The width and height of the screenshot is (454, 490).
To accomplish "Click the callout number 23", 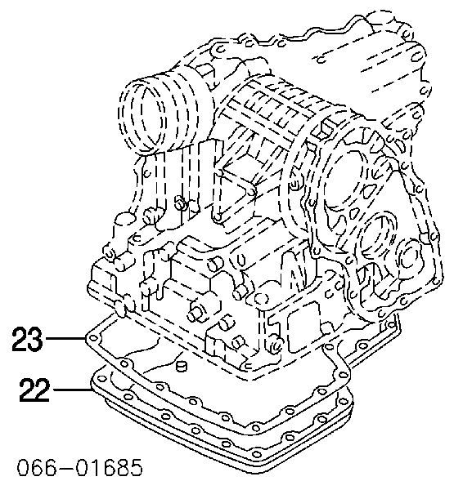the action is pyautogui.click(x=27, y=338).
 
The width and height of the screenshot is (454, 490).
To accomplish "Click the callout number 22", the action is pyautogui.click(x=34, y=390).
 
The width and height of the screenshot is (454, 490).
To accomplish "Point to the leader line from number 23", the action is pyautogui.click(x=65, y=338).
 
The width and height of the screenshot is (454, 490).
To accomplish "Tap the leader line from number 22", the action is pyautogui.click(x=72, y=390).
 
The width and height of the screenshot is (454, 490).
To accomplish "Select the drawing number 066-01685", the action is pyautogui.click(x=80, y=467).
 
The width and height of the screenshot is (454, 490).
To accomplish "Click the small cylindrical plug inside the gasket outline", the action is pyautogui.click(x=181, y=366).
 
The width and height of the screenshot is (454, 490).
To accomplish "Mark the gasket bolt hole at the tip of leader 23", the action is pyautogui.click(x=93, y=339).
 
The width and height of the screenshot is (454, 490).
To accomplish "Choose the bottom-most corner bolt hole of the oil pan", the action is pyautogui.click(x=257, y=454).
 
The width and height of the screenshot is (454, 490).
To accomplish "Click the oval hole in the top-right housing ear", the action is pyautogui.click(x=416, y=57).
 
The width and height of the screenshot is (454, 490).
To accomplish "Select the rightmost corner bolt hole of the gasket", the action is pyautogui.click(x=342, y=374).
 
